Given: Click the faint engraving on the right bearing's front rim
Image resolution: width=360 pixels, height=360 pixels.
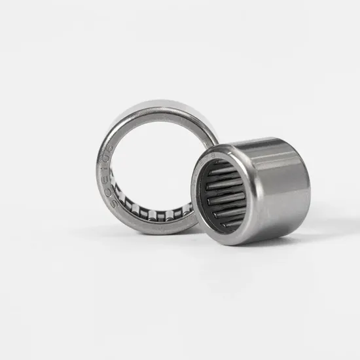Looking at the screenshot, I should point(211,155).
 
